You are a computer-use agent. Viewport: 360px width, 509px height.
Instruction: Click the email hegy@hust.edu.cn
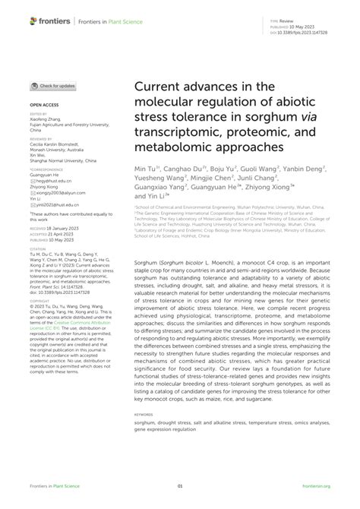[53, 181]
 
